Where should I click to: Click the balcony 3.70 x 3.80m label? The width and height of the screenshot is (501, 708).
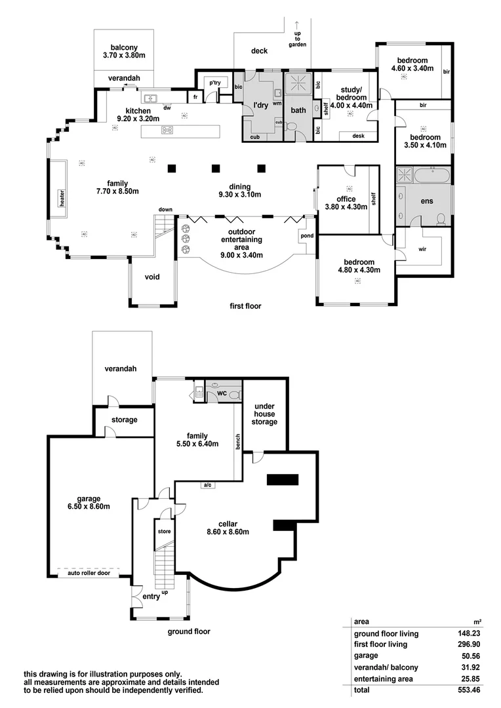click(123, 52)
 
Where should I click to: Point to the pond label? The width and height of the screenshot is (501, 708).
click(306, 236)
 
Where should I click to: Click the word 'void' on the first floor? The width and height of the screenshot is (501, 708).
click(151, 277)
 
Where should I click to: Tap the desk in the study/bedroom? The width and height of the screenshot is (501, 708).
click(358, 136)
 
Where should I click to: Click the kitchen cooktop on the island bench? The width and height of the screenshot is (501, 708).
click(167, 130)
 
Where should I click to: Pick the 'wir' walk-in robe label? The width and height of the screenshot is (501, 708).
click(422, 249)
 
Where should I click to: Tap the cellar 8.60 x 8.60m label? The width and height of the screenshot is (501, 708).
click(228, 528)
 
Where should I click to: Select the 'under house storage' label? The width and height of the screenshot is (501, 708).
click(265, 414)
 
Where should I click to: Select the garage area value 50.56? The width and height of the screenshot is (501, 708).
click(464, 655)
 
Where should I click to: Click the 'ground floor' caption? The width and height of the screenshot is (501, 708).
click(188, 632)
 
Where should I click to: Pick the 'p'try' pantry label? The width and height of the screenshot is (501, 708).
click(215, 83)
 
